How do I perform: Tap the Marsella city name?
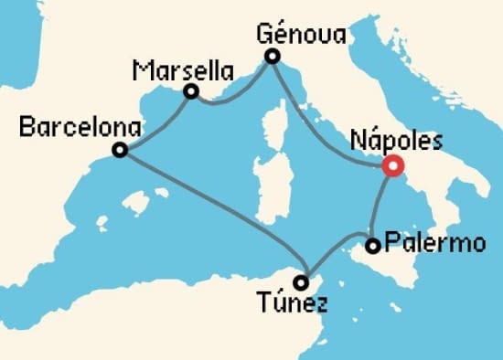coord(182,69)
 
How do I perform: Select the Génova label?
coord(302,35)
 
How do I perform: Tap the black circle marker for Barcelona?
coord(119,151)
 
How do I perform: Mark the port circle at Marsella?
coord(191,91)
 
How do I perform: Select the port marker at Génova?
coord(272,57)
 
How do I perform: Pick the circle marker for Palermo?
coord(372,246)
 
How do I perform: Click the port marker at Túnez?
coord(301,282)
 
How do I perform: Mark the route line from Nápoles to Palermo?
coord(377,206)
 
